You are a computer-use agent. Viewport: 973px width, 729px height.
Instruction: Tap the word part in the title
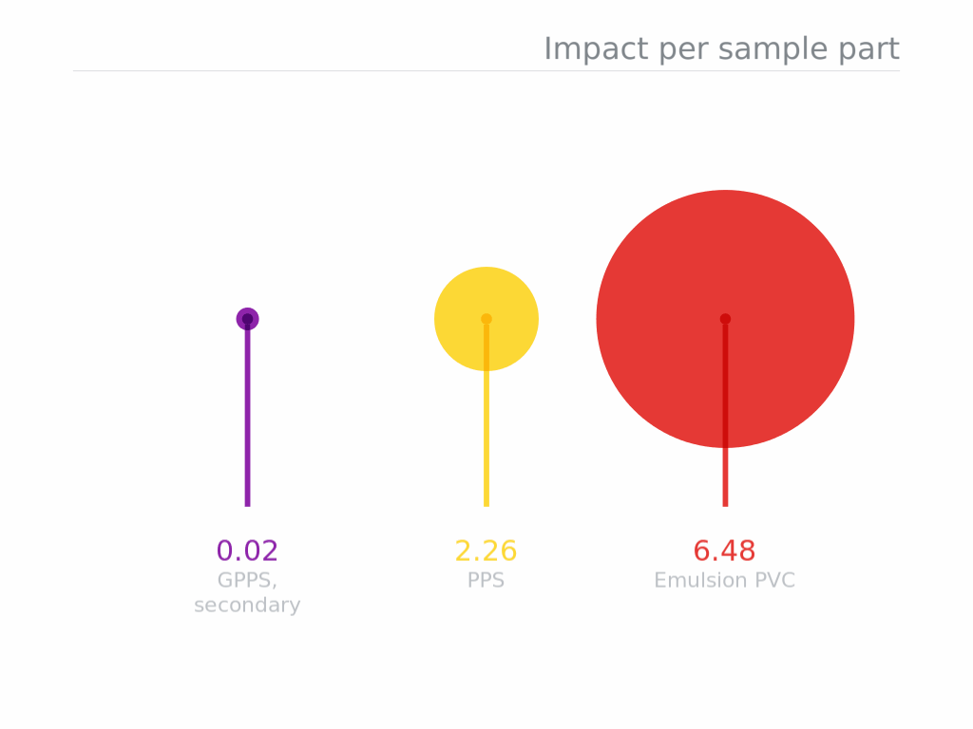(x=868, y=49)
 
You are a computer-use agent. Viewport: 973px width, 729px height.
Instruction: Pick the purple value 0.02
(x=247, y=551)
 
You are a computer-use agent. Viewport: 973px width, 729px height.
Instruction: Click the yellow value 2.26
(x=486, y=551)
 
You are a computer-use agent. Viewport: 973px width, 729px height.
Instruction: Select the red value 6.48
(x=724, y=551)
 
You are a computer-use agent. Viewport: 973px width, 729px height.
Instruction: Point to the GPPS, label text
(x=247, y=581)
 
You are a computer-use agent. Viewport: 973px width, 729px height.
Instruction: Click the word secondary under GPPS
(x=247, y=605)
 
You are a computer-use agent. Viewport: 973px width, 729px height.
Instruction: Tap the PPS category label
(x=486, y=580)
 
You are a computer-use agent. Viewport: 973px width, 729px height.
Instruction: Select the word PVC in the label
(x=775, y=580)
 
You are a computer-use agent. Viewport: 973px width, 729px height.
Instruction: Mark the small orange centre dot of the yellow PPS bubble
(x=486, y=319)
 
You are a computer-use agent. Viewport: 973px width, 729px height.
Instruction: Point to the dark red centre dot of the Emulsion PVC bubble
(x=725, y=319)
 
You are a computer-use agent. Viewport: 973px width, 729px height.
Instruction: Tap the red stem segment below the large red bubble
(x=725, y=477)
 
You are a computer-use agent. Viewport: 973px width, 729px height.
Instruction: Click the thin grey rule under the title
(x=486, y=70)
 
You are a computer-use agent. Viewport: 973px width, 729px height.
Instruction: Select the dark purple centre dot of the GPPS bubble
(x=248, y=319)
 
